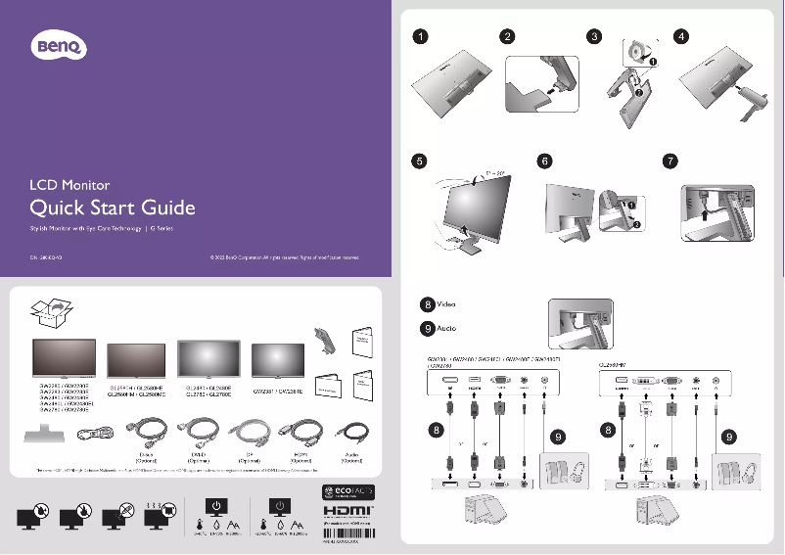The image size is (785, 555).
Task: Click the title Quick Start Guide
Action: pyautogui.click(x=113, y=208)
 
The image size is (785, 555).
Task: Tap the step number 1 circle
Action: pyautogui.click(x=419, y=37)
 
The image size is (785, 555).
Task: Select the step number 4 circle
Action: pyautogui.click(x=682, y=37)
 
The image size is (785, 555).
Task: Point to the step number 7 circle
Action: pyautogui.click(x=670, y=161)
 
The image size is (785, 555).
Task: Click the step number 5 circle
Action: pyautogui.click(x=419, y=161)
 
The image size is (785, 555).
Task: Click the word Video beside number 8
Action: pyautogui.click(x=445, y=305)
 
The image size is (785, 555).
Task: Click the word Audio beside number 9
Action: pyautogui.click(x=445, y=328)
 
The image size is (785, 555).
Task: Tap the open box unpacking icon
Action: pyautogui.click(x=51, y=312)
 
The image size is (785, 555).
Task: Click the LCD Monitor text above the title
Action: pyautogui.click(x=69, y=184)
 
